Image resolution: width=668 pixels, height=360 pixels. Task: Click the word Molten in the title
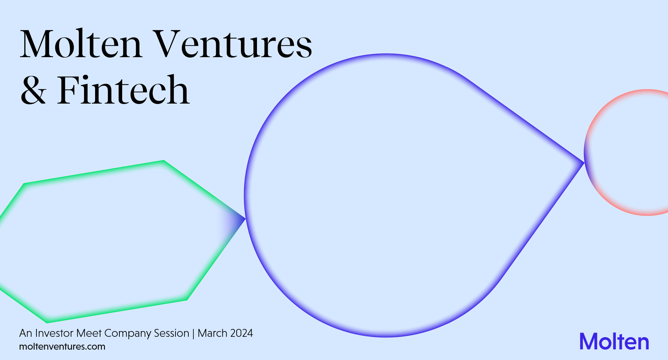point(81,44)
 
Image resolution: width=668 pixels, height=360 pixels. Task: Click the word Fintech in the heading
point(123,89)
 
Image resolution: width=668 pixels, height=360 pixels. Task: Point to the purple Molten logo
point(614,341)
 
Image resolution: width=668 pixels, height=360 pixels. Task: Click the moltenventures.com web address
point(62,346)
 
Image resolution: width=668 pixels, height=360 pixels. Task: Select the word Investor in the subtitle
point(54,333)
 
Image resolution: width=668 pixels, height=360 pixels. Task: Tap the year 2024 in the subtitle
point(241,333)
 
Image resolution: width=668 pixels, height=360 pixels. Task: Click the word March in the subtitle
point(213,333)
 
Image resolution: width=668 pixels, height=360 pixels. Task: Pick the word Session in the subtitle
point(172,333)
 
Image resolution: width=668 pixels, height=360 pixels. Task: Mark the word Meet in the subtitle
point(89,333)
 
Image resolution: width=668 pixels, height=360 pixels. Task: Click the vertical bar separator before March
point(193,334)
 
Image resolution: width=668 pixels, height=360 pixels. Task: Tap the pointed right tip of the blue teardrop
point(584,163)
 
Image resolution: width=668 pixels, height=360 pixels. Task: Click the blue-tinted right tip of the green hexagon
point(245,218)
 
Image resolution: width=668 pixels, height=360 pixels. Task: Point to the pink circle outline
point(585,152)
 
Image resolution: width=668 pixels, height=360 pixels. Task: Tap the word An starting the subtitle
point(26,333)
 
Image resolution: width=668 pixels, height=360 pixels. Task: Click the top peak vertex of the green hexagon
point(164,161)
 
